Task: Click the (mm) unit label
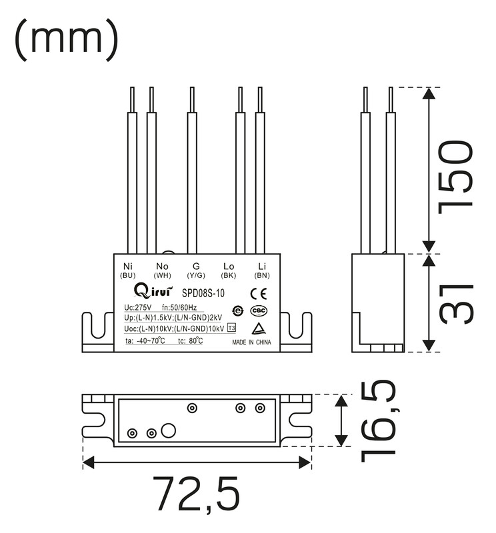click(67, 39)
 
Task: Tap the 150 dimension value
click(455, 177)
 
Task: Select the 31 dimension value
click(456, 304)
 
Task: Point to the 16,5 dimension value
click(378, 421)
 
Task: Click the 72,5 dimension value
click(196, 494)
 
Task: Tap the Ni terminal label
click(128, 266)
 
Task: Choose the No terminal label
click(162, 266)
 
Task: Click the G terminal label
click(196, 266)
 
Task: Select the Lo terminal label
click(229, 266)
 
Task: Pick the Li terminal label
click(262, 266)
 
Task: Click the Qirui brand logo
click(153, 291)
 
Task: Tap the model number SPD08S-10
click(203, 293)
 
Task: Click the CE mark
click(259, 294)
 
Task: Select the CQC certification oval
click(259, 310)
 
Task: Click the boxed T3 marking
click(231, 328)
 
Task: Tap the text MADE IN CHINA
click(251, 342)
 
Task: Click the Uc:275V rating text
click(138, 308)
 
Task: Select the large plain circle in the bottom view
click(169, 430)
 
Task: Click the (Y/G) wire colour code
click(196, 275)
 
